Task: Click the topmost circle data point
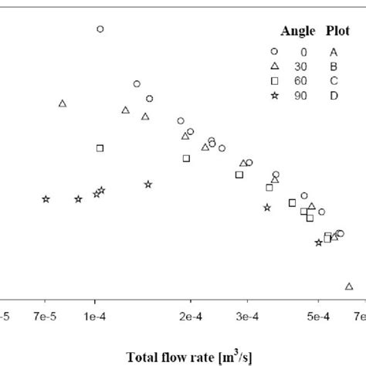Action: click(x=100, y=29)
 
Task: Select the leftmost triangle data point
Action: click(x=63, y=103)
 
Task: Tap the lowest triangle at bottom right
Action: click(x=349, y=286)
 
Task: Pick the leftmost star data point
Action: click(x=46, y=199)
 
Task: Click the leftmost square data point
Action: click(x=100, y=148)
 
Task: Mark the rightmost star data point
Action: click(x=318, y=243)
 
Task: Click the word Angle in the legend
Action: click(x=293, y=32)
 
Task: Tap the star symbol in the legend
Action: click(x=274, y=95)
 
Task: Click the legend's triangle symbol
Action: click(x=274, y=66)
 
